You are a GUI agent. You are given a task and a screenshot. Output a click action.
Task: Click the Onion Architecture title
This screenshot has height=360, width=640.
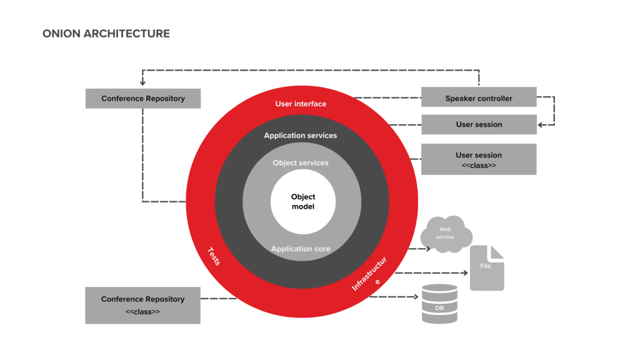click(106, 34)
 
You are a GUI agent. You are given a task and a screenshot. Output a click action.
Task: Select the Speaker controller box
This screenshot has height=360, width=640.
click(479, 98)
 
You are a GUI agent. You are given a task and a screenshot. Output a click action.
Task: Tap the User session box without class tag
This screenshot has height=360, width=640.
click(479, 124)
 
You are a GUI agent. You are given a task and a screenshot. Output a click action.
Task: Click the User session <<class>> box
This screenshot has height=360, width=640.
click(479, 159)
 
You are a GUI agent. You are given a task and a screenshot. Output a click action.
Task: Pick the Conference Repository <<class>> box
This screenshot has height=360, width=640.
click(142, 305)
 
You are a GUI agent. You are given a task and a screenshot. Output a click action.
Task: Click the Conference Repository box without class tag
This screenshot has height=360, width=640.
click(143, 98)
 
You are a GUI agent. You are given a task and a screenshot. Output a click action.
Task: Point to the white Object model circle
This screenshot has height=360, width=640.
click(303, 202)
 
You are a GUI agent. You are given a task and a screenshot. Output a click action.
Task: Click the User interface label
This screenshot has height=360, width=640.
click(301, 104)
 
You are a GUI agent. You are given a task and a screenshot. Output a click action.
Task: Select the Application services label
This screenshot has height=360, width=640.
click(300, 136)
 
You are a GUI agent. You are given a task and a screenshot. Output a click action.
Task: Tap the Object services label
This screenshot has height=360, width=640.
click(300, 163)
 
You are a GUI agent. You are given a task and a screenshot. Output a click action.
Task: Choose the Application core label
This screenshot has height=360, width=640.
click(301, 249)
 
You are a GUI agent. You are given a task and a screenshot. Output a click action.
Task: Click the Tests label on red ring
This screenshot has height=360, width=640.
click(213, 256)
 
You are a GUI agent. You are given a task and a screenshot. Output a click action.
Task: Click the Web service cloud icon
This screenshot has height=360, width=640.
click(446, 234)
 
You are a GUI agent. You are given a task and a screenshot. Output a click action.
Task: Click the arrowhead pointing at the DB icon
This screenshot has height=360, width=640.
click(416, 297)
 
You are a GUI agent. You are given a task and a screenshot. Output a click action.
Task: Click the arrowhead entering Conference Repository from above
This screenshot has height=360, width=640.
click(143, 82)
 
